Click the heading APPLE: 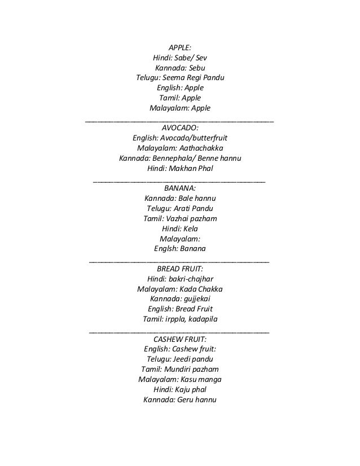tap(180, 47)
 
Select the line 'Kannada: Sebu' tap(180, 68)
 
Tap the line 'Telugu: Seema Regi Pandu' tap(180, 78)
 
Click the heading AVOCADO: tap(180, 128)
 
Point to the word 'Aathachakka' tap(200, 148)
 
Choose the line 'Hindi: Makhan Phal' tap(180, 168)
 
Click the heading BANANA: tap(180, 188)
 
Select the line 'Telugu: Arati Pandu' tap(180, 209)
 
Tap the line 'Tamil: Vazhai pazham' tap(180, 218)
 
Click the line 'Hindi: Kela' tap(180, 228)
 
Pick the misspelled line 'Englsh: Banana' tap(180, 249)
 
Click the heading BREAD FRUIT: tap(180, 269)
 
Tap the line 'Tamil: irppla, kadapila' tap(180, 319)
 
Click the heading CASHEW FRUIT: tap(180, 339)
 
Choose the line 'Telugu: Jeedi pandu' tap(180, 359)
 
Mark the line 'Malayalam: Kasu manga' tap(180, 380)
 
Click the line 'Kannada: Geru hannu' tap(180, 400)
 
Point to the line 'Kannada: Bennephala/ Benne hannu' tap(180, 158)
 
